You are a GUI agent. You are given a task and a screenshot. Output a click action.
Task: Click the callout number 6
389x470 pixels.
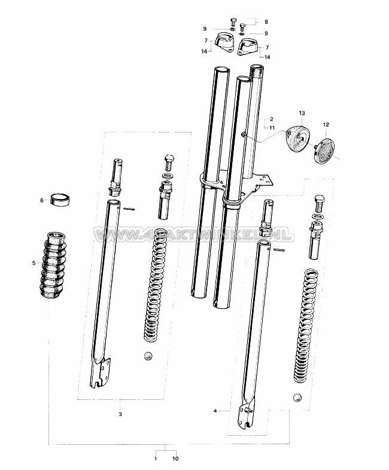pos(42,200)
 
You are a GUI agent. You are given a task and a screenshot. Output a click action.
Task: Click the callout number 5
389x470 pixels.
pos(34,263)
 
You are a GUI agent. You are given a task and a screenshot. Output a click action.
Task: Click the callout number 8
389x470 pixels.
pos(267,20)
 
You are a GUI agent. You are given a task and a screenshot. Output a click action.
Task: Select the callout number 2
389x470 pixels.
pos(271,119)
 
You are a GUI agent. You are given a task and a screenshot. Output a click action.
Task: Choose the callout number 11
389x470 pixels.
pos(271,128)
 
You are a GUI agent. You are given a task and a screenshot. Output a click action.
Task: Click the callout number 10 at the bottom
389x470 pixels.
pos(175,459)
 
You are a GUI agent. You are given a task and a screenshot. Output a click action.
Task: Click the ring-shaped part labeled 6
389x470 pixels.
pos(60,198)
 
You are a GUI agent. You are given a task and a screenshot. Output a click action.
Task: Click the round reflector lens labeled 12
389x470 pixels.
pos(326,149)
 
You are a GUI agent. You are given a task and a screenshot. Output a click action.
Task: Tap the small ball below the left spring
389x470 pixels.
pos(148,356)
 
